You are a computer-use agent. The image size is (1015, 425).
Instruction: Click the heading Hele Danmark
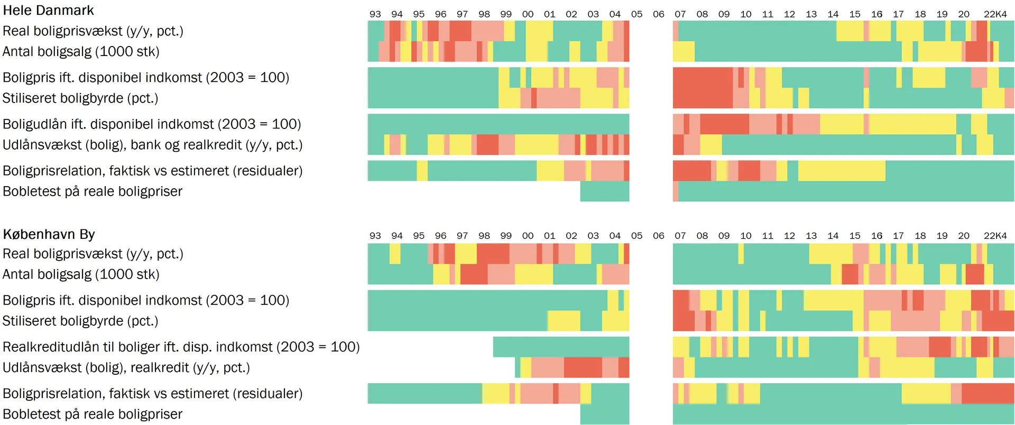pyautogui.click(x=48, y=11)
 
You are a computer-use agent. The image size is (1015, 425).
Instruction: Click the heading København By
pyautogui.click(x=49, y=234)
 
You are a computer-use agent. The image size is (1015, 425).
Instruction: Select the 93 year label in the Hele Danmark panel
pyautogui.click(x=375, y=14)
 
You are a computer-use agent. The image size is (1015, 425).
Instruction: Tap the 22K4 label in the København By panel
pyautogui.click(x=995, y=236)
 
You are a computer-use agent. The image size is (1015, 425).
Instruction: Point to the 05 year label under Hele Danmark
pyautogui.click(x=636, y=14)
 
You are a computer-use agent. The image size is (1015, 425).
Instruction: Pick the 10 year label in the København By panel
pyautogui.click(x=745, y=236)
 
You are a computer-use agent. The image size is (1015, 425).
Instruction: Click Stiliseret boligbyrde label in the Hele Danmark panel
pyautogui.click(x=80, y=98)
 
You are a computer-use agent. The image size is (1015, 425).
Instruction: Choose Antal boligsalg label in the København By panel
pyautogui.click(x=81, y=274)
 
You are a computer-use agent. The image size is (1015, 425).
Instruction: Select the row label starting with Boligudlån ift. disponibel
pyautogui.click(x=152, y=124)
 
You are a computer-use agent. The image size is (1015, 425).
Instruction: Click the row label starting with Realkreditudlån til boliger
pyautogui.click(x=181, y=347)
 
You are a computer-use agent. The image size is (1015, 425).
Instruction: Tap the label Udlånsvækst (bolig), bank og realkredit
pyautogui.click(x=152, y=145)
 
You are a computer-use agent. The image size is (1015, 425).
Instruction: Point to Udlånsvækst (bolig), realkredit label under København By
pyautogui.click(x=126, y=367)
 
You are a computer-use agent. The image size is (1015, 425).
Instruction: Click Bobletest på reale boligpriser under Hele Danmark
pyautogui.click(x=93, y=191)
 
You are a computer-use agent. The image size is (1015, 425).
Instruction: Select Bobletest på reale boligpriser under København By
pyautogui.click(x=93, y=414)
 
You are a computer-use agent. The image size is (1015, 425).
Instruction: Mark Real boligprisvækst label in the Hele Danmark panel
pyautogui.click(x=93, y=31)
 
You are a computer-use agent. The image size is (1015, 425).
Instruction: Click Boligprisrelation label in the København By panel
pyautogui.click(x=152, y=393)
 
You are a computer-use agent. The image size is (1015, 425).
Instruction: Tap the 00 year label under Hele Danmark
pyautogui.click(x=528, y=14)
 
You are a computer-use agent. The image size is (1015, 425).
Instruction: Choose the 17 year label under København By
pyautogui.click(x=898, y=236)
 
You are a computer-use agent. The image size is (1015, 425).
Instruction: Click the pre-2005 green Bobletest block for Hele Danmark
pyautogui.click(x=604, y=191)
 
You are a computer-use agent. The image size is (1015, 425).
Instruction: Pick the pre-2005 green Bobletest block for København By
pyautogui.click(x=604, y=414)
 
